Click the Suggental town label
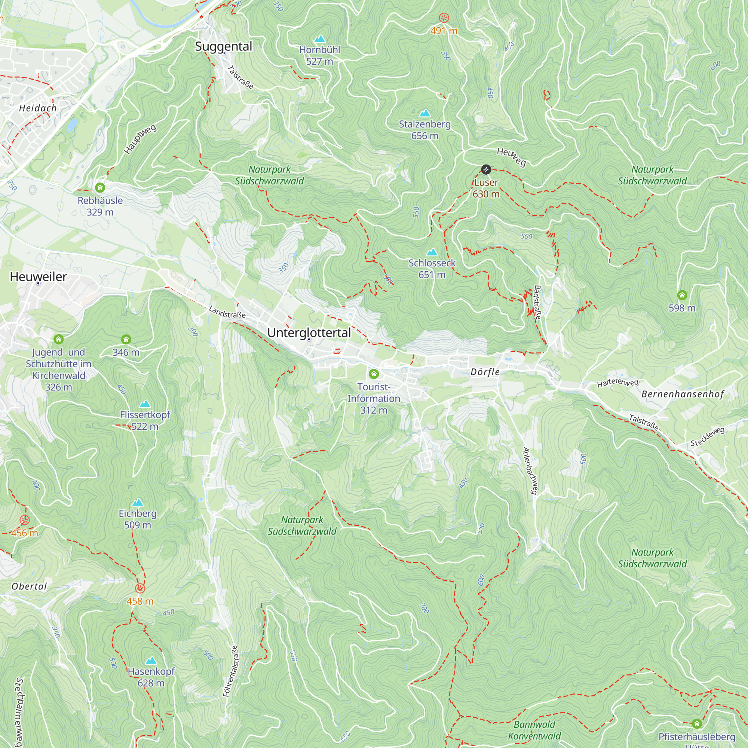223,46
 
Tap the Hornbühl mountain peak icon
319,39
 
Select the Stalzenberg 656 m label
425,130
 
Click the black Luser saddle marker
485,169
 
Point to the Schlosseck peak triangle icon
432,252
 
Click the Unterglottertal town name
309,332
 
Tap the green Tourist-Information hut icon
374,374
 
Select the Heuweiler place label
38,276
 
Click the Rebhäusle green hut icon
100,188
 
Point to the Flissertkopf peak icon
145,404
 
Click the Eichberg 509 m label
137,519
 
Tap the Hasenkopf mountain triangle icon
151,660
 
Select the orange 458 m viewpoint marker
140,588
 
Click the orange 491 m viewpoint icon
444,18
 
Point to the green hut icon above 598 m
682,295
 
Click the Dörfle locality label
485,372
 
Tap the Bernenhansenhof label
683,394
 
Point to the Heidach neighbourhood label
38,108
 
